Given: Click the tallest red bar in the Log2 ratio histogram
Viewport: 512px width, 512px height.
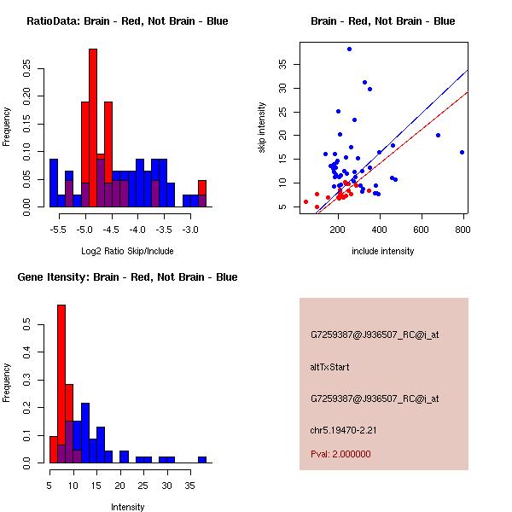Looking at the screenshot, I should (93, 128).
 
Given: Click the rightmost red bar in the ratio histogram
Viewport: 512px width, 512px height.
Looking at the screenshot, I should (202, 193).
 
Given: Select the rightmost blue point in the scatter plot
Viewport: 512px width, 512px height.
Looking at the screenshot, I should (462, 152).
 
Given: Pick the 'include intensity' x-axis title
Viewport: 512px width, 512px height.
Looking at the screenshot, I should (383, 251).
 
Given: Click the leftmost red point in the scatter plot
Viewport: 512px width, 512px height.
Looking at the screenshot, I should (305, 202).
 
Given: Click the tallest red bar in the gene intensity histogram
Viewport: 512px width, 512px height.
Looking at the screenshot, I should (61, 384).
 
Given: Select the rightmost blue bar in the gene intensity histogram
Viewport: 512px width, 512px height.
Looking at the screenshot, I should (202, 459).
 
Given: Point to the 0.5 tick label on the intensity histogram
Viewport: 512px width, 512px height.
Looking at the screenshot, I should (27, 324).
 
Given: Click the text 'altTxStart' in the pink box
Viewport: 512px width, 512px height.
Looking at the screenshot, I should (330, 367).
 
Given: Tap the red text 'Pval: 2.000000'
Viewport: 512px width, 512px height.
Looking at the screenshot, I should (340, 454).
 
